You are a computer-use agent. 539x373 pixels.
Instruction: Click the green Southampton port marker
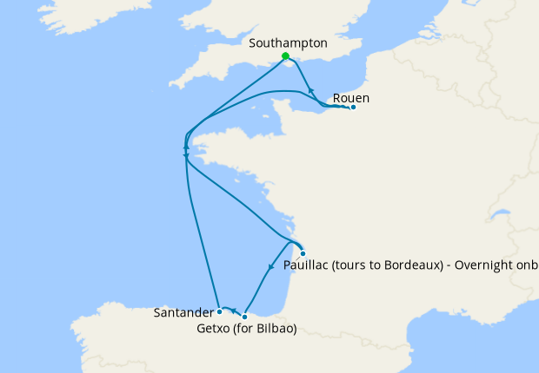pyautogui.click(x=285, y=56)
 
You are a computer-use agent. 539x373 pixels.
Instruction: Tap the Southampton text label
pyautogui.click(x=288, y=43)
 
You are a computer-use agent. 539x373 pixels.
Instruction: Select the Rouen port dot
pyautogui.click(x=352, y=108)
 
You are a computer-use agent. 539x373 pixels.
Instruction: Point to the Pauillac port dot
pyautogui.click(x=303, y=253)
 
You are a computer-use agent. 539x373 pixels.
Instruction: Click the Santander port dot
pyautogui.click(x=220, y=311)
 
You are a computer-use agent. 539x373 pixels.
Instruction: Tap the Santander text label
pyautogui.click(x=183, y=311)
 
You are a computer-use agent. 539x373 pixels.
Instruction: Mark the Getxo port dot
pyautogui.click(x=245, y=317)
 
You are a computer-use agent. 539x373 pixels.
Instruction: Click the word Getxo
pyautogui.click(x=216, y=329)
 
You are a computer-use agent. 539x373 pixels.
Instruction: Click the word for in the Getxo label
pyautogui.click(x=246, y=329)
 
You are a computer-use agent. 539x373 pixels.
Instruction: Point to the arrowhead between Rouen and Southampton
pyautogui.click(x=310, y=89)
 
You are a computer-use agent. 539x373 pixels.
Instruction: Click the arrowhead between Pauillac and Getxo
pyautogui.click(x=271, y=266)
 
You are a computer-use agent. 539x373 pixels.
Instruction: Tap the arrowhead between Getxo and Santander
pyautogui.click(x=233, y=310)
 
